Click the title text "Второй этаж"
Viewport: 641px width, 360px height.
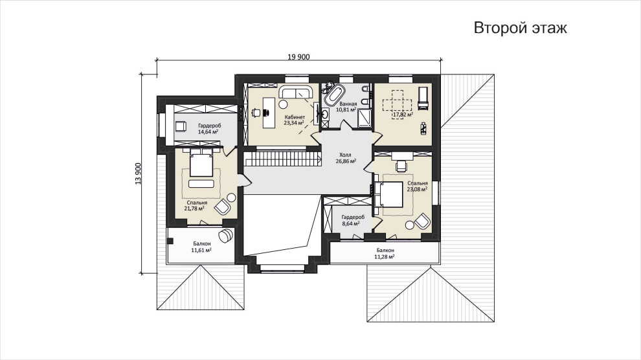tap(520, 28)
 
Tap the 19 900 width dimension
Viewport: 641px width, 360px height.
tap(298, 57)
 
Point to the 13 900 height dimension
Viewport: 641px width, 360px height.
tap(138, 174)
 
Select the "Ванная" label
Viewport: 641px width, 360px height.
tap(348, 104)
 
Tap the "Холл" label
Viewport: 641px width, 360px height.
tap(345, 155)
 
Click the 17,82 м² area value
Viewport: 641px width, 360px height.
tap(403, 115)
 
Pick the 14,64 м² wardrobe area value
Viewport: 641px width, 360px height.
tap(208, 131)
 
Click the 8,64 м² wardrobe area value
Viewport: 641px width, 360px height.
tap(351, 223)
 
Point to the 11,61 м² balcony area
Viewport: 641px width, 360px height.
tap(201, 250)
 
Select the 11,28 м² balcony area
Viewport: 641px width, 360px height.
tap(384, 256)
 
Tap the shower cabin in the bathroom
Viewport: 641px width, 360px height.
tap(364, 118)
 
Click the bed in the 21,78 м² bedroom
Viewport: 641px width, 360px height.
tap(201, 163)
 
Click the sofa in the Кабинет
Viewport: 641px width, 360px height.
tap(295, 92)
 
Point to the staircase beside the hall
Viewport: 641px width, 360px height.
tap(282, 159)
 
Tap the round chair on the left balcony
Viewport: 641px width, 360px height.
tap(226, 236)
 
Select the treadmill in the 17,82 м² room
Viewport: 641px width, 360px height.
tap(423, 98)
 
